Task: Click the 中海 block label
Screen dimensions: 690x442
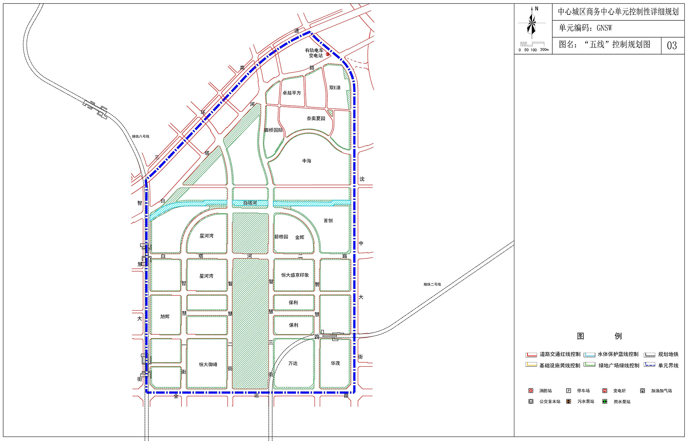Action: (307, 161)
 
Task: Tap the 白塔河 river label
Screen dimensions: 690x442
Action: (250, 203)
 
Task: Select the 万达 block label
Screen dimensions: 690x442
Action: (293, 363)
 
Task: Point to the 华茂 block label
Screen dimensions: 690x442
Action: (335, 363)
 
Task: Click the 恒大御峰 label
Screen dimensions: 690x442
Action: (208, 364)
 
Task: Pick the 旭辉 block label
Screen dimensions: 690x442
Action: (165, 316)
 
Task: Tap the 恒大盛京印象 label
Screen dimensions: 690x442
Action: (295, 275)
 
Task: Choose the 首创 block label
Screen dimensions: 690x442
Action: (328, 220)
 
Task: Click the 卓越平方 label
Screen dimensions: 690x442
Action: (292, 93)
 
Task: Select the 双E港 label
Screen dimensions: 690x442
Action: (335, 88)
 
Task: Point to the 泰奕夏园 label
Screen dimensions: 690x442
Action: (316, 118)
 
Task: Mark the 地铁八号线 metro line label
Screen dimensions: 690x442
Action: (141, 137)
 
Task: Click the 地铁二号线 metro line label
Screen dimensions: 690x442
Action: (432, 284)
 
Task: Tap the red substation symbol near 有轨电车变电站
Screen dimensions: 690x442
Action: (327, 54)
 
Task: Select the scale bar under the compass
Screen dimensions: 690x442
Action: (532, 44)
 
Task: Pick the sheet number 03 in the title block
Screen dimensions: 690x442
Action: (672, 46)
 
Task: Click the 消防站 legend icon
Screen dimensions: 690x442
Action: (531, 391)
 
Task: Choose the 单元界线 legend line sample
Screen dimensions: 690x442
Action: (649, 365)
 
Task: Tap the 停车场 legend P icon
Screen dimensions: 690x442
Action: (569, 391)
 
